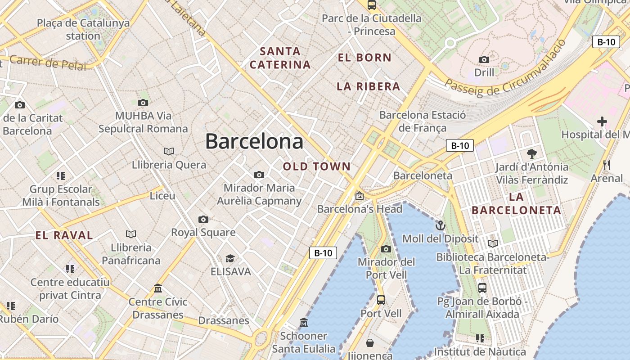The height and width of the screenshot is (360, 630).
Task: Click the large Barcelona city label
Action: [254, 142]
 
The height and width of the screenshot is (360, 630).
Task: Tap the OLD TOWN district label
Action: [317, 166]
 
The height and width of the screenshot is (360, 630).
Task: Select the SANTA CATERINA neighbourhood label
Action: [280, 58]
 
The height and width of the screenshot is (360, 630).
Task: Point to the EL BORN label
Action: [364, 58]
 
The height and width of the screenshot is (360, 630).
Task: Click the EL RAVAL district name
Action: [64, 235]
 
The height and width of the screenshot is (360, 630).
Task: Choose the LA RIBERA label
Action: [369, 86]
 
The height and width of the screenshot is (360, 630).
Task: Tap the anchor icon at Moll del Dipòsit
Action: [440, 225]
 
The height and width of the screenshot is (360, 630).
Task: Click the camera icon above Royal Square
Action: [203, 219]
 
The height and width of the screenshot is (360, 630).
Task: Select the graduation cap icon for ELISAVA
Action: [230, 258]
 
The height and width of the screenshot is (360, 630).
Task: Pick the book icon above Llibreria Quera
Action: [169, 151]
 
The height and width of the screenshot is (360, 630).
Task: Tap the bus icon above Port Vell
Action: [381, 300]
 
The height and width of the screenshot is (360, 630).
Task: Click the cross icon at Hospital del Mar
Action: [602, 121]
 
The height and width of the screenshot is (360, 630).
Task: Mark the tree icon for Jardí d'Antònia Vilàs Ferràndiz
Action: [531, 154]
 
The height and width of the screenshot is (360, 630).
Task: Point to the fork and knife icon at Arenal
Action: [607, 165]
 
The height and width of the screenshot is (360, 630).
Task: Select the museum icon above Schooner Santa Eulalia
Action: [304, 323]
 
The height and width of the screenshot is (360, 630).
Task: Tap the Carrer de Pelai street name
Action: [47, 63]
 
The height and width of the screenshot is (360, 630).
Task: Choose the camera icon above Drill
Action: [484, 59]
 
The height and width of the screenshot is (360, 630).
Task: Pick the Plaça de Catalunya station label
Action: [83, 29]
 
